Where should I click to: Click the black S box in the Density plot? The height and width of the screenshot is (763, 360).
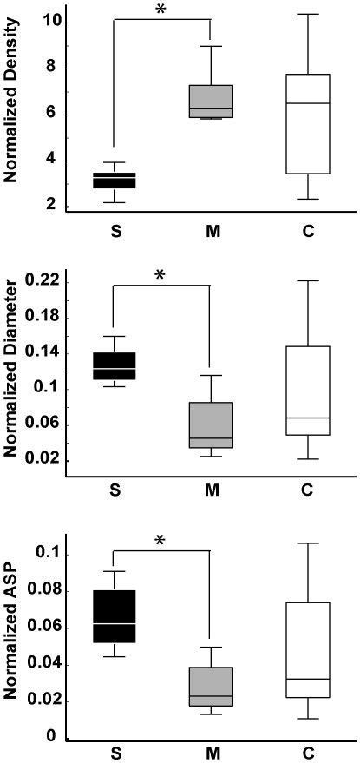pos(115,181)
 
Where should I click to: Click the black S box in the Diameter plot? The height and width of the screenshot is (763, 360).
pos(115,366)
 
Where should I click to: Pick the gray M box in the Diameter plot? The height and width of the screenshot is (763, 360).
pos(211,424)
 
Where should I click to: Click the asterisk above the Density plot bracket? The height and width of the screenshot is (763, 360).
pos(160,10)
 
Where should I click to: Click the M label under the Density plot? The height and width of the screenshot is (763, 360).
pos(211,233)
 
